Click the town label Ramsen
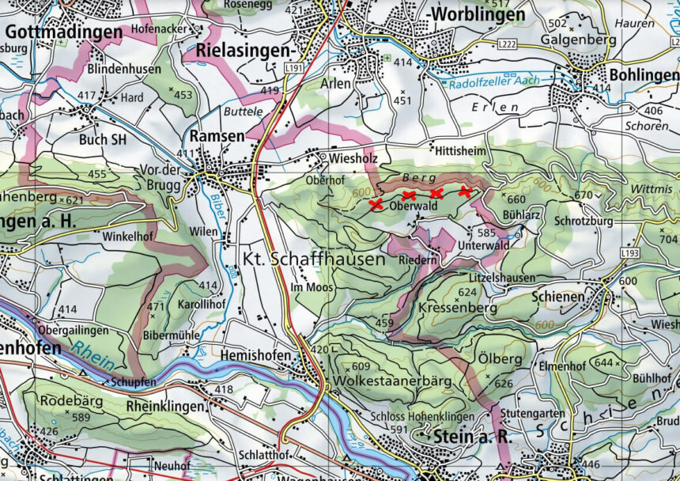(x=217, y=136)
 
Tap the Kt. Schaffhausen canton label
(x=314, y=259)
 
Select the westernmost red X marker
(x=376, y=205)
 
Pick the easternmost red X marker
(x=465, y=191)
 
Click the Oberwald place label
(x=414, y=206)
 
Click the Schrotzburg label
(x=584, y=222)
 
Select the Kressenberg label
(x=458, y=308)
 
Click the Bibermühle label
(x=172, y=335)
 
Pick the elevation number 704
(x=668, y=238)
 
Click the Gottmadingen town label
(x=64, y=33)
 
